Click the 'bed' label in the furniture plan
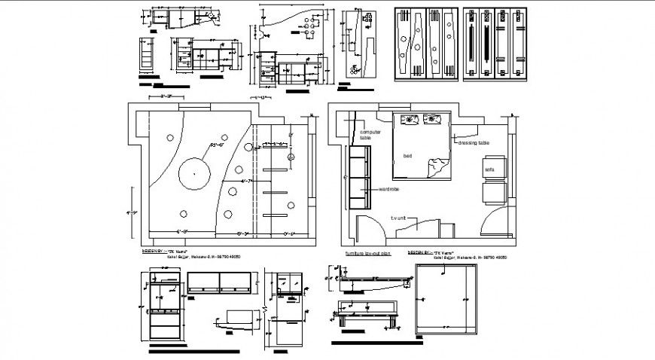(408, 156)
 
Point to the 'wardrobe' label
(389, 188)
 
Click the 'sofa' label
(489, 169)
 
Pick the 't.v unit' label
(398, 218)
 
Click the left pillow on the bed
(411, 119)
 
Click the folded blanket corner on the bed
(435, 167)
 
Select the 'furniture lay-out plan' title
(368, 254)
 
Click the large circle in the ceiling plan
(194, 173)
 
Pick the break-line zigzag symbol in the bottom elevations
(267, 310)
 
